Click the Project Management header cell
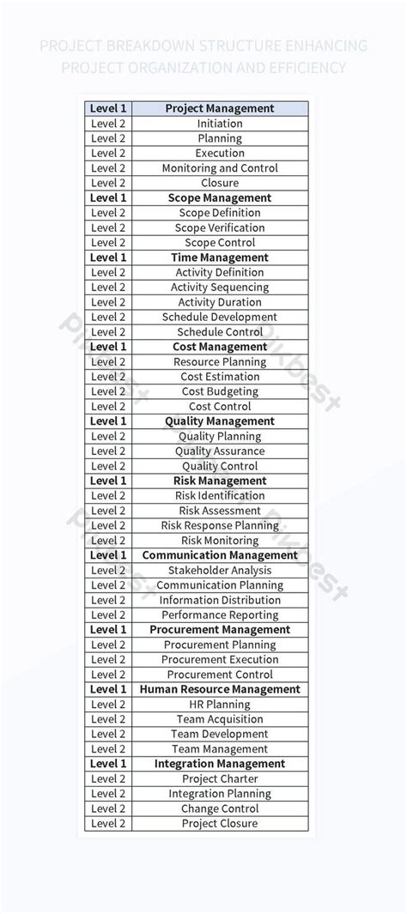click(220, 108)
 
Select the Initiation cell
click(220, 124)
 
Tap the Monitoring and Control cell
click(220, 168)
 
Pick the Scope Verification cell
click(220, 227)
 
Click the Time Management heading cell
click(220, 257)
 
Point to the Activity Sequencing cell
click(220, 288)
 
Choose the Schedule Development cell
click(220, 317)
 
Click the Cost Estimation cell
click(220, 377)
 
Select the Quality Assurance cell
click(220, 451)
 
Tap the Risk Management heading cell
click(220, 481)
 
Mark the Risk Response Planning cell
click(220, 525)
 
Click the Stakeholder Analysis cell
click(220, 570)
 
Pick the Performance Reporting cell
click(220, 614)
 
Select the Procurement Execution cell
click(220, 660)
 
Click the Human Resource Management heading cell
click(220, 689)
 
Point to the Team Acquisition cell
click(220, 719)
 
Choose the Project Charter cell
click(220, 778)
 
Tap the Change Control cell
click(220, 808)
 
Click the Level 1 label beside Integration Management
click(108, 764)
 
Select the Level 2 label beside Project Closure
click(108, 823)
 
